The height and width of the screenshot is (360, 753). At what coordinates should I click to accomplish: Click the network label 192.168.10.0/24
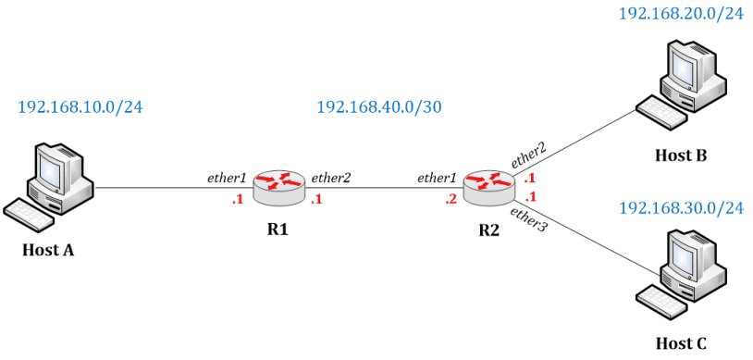coord(80,106)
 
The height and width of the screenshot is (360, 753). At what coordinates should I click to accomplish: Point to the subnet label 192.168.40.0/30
coord(379,106)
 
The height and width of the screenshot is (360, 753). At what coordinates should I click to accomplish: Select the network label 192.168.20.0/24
coord(681,14)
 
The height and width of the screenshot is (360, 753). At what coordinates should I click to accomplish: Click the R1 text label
coord(278,229)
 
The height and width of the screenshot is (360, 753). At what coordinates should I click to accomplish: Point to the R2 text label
coord(488,229)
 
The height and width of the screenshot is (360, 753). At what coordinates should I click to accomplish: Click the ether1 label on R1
coord(228,177)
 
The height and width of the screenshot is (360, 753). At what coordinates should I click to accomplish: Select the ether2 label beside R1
coord(331,177)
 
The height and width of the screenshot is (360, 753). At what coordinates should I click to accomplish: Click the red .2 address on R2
coord(451,199)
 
